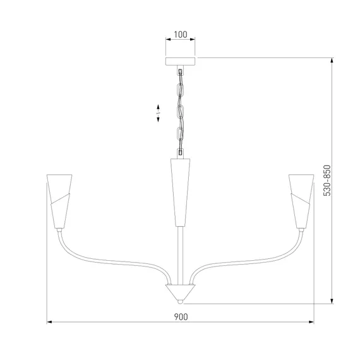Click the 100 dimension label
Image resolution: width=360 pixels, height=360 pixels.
(x=181, y=35)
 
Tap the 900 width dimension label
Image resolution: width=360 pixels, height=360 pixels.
(x=181, y=317)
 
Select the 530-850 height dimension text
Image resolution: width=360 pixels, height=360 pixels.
(x=327, y=181)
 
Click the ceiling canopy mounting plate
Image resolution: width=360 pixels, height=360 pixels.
(x=181, y=61)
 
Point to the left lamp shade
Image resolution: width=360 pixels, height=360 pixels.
(x=59, y=201)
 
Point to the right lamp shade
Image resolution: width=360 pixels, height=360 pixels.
(x=301, y=201)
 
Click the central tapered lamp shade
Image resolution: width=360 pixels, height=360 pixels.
(x=180, y=192)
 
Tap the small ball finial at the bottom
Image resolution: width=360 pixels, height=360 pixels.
(x=181, y=301)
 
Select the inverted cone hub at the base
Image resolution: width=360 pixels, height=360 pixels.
(x=181, y=292)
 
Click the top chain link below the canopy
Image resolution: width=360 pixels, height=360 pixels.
(x=181, y=72)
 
